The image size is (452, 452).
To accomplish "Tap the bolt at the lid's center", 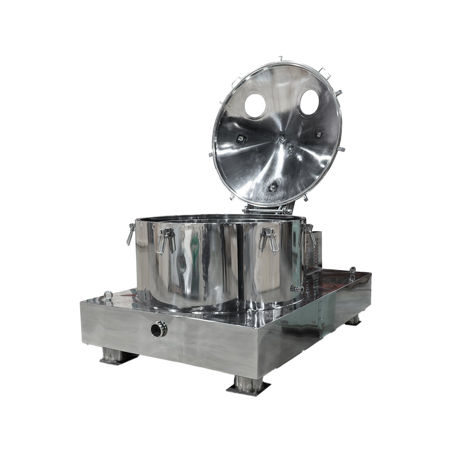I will coord(290,146).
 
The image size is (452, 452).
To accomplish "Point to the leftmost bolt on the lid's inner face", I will coord(241,137).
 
